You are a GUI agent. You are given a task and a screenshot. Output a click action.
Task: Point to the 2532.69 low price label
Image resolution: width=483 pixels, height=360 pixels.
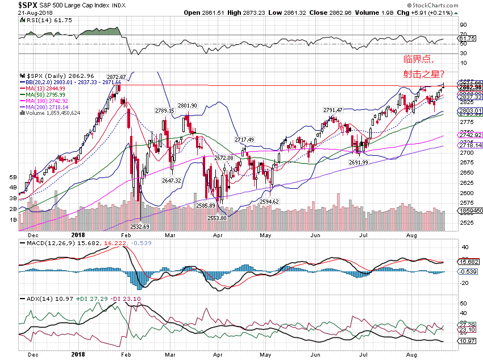pyautogui.click(x=139, y=226)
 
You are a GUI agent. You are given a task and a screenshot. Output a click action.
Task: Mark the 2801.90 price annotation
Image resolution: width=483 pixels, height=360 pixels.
pyautogui.click(x=187, y=106)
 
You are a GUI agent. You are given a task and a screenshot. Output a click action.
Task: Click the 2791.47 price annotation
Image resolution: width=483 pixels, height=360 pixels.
pyautogui.click(x=333, y=110)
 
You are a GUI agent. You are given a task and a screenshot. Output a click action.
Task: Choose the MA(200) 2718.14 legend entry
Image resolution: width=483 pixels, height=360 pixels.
pyautogui.click(x=47, y=107)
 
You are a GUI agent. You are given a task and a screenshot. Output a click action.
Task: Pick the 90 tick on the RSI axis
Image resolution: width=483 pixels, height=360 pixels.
pyautogui.click(x=463, y=25)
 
